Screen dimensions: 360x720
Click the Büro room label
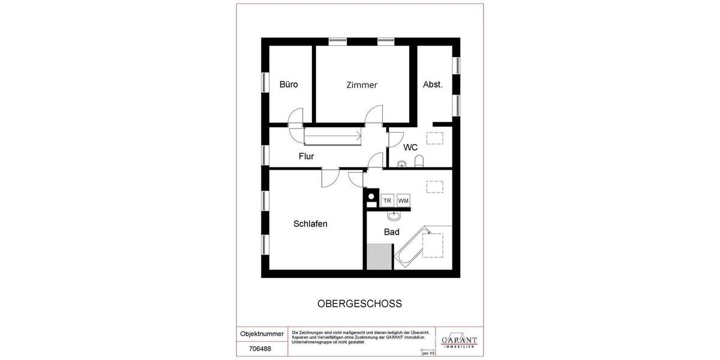coord(289,85)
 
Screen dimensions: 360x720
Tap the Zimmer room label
coord(362,85)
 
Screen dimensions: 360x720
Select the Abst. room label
coord(433,85)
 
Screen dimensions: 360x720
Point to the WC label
coord(410,147)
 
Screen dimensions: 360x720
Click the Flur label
coord(307,157)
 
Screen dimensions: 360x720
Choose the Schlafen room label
coord(310,224)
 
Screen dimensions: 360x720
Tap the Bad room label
coord(392,232)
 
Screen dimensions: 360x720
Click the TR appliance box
coord(388,200)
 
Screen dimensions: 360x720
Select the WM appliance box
coord(403,200)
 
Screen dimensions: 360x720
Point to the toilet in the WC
coord(419,160)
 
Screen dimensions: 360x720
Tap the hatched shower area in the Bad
coord(379,257)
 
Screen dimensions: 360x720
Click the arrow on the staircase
coord(359,137)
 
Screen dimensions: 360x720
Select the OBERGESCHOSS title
coord(359,304)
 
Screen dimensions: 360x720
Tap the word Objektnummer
coord(262,334)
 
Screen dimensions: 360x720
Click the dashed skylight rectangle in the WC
coord(433,137)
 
